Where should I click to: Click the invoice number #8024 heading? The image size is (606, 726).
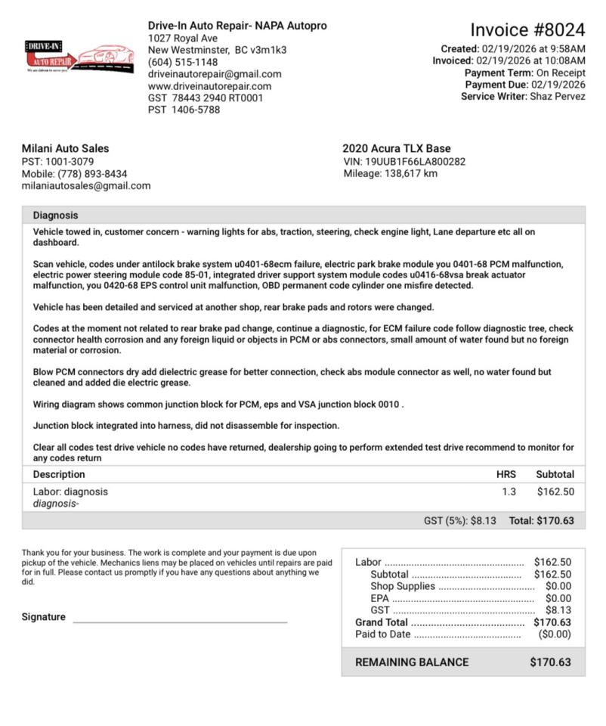click(x=527, y=30)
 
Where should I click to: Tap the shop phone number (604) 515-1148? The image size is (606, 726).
click(x=183, y=62)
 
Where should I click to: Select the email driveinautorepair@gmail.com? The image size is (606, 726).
click(x=215, y=74)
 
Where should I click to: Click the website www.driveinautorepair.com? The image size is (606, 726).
click(x=209, y=86)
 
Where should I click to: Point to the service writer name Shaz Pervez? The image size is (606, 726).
click(x=557, y=97)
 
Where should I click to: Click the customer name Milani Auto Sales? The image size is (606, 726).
click(x=65, y=149)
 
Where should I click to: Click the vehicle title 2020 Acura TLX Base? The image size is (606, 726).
click(x=396, y=149)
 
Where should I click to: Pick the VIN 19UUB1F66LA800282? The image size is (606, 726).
click(x=415, y=162)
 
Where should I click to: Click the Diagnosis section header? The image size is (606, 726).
click(x=55, y=216)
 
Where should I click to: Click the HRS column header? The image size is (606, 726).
click(x=506, y=475)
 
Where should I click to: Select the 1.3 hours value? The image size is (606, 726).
click(x=509, y=492)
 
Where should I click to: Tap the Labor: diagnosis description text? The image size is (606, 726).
click(x=70, y=492)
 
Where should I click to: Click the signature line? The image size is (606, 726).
click(x=180, y=621)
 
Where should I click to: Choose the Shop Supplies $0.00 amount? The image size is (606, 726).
click(x=558, y=586)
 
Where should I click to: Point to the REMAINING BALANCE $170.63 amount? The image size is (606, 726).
click(x=550, y=662)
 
